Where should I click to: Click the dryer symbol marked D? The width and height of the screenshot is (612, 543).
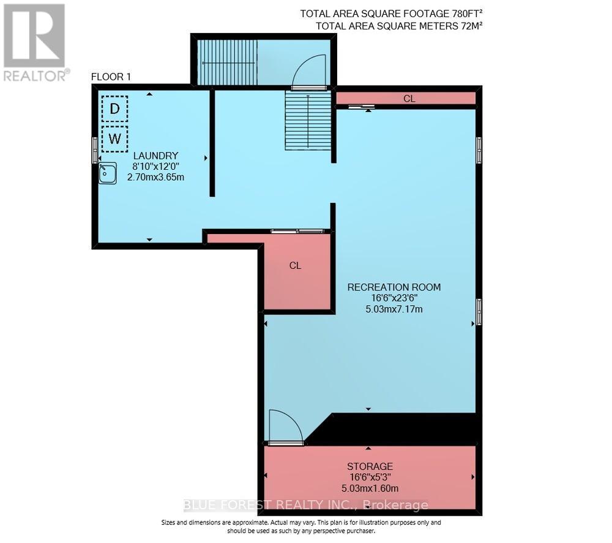coord(114,109)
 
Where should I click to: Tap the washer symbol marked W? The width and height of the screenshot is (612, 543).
coord(114,139)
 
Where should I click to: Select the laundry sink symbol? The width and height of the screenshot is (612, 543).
coord(108,173)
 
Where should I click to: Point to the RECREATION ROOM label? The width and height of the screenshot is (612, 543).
coord(394,287)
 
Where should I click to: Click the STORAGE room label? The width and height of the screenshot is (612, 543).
coord(368,466)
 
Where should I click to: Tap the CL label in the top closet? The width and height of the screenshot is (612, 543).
coord(409,99)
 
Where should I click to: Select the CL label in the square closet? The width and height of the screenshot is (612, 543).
coord(295,266)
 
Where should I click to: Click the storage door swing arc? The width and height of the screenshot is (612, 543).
coord(285,426)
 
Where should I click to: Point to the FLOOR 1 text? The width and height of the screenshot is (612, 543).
coord(111,77)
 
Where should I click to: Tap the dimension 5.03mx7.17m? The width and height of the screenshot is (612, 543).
coord(394,309)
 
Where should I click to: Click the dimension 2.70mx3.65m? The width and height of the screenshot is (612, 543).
coord(155,177)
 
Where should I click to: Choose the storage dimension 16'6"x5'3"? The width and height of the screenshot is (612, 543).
coord(368,477)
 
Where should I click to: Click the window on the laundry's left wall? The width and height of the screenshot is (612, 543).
coord(95,150)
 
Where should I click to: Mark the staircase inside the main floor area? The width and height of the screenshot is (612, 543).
coord(308,121)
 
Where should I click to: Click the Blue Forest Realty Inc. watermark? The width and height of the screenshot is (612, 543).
coord(306,505)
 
